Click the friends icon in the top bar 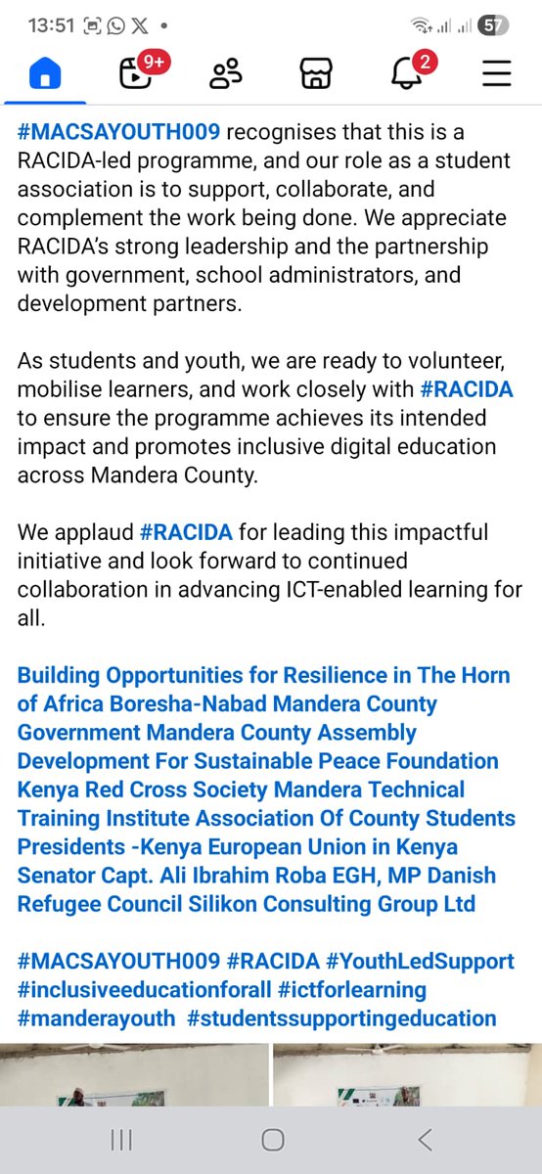[x=226, y=73]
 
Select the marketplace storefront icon [x=316, y=73]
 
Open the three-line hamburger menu [x=497, y=73]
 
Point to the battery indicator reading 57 [x=494, y=25]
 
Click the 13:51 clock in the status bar [x=52, y=25]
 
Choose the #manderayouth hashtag [x=96, y=1018]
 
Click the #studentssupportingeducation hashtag [x=341, y=1018]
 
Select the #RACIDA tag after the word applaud [x=186, y=533]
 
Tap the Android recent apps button [x=121, y=1140]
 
